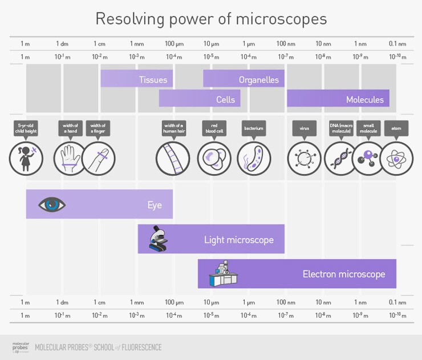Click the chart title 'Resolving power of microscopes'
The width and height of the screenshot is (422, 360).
coord(211,19)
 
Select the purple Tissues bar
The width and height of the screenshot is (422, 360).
coord(137,79)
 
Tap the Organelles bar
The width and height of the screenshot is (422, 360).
coord(244,79)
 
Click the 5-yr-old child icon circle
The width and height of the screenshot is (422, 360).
coord(26,158)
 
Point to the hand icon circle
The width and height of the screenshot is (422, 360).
coord(70,158)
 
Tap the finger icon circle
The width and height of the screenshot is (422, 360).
coord(98,158)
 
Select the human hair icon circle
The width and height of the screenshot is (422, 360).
coord(173,158)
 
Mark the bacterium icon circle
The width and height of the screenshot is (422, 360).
coord(254,158)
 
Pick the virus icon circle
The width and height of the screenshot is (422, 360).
coord(304,158)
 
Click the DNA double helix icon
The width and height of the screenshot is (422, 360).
coord(341,158)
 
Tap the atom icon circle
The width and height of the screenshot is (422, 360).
coord(396,158)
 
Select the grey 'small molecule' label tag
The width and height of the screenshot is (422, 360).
coord(368,128)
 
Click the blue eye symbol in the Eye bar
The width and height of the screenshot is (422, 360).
coord(52,204)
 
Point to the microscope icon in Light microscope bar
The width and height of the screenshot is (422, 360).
coord(158,238)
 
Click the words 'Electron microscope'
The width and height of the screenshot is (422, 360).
coord(344,274)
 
